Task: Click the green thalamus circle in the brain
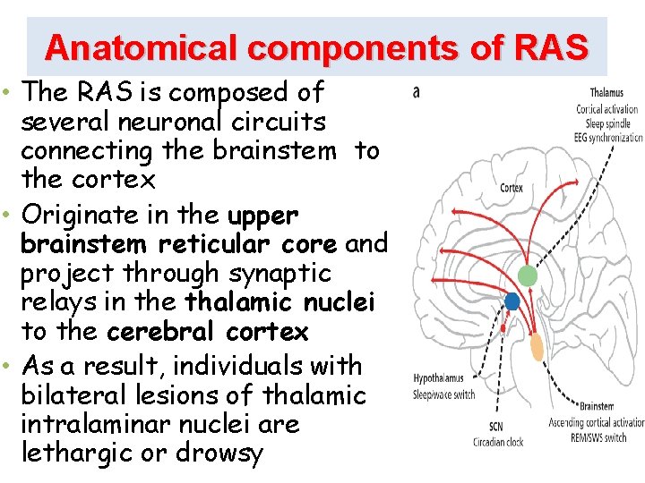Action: pyautogui.click(x=529, y=276)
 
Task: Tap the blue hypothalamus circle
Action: pyautogui.click(x=512, y=301)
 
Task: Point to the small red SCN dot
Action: pyautogui.click(x=503, y=328)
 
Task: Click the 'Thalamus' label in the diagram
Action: pyautogui.click(x=606, y=93)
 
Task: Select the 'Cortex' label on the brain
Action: pyautogui.click(x=512, y=189)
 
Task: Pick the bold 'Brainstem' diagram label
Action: pyautogui.click(x=597, y=406)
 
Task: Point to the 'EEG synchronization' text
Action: pyautogui.click(x=610, y=138)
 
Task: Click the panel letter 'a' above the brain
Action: pyautogui.click(x=416, y=91)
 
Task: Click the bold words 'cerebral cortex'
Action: pyautogui.click(x=207, y=332)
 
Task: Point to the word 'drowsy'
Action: pyautogui.click(x=219, y=453)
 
